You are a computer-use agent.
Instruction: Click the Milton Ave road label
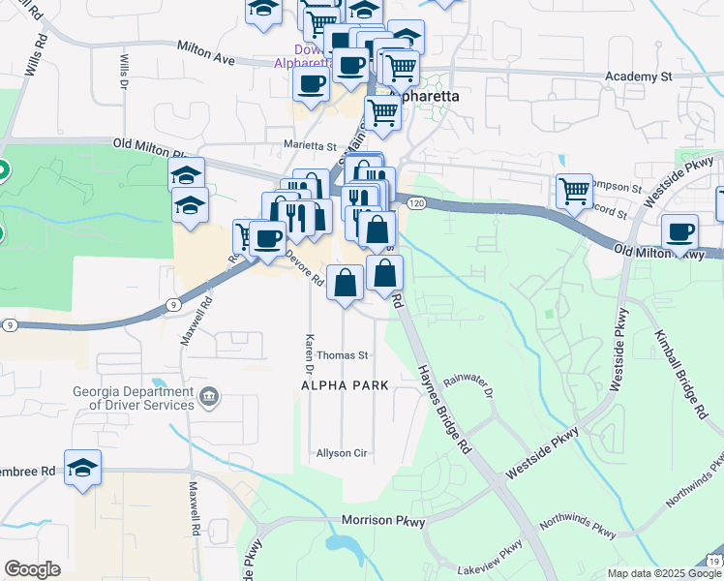(206, 52)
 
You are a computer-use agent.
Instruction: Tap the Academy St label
(638, 76)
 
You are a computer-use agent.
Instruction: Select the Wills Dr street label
(123, 71)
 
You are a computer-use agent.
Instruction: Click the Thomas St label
(343, 355)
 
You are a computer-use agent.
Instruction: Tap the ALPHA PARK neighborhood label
(345, 385)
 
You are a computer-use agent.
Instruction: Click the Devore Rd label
(305, 268)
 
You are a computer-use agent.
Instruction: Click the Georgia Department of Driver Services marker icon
(208, 396)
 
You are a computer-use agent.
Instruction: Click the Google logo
(32, 569)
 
